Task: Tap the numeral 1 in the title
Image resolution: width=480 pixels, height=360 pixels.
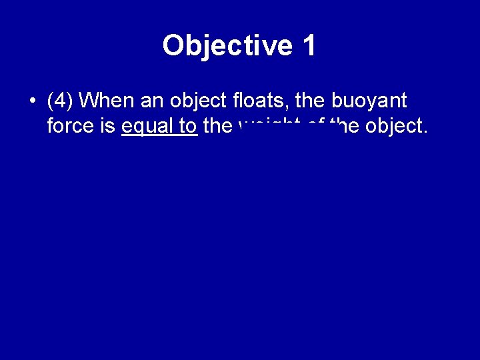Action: click(309, 46)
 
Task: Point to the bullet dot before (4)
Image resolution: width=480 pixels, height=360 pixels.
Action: click(32, 102)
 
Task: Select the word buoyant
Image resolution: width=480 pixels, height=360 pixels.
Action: click(369, 102)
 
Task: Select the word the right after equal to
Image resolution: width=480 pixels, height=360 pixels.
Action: click(217, 126)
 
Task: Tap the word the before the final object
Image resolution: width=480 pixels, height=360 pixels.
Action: click(344, 125)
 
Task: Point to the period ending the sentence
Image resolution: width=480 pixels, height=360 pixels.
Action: click(425, 131)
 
